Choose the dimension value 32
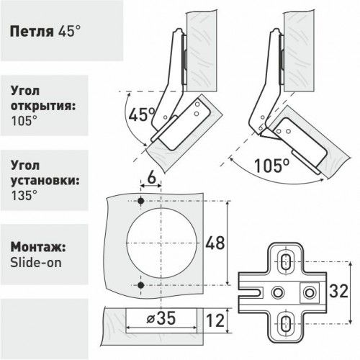340,291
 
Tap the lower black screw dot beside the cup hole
141,287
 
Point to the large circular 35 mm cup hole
163,243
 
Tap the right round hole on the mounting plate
310,291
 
